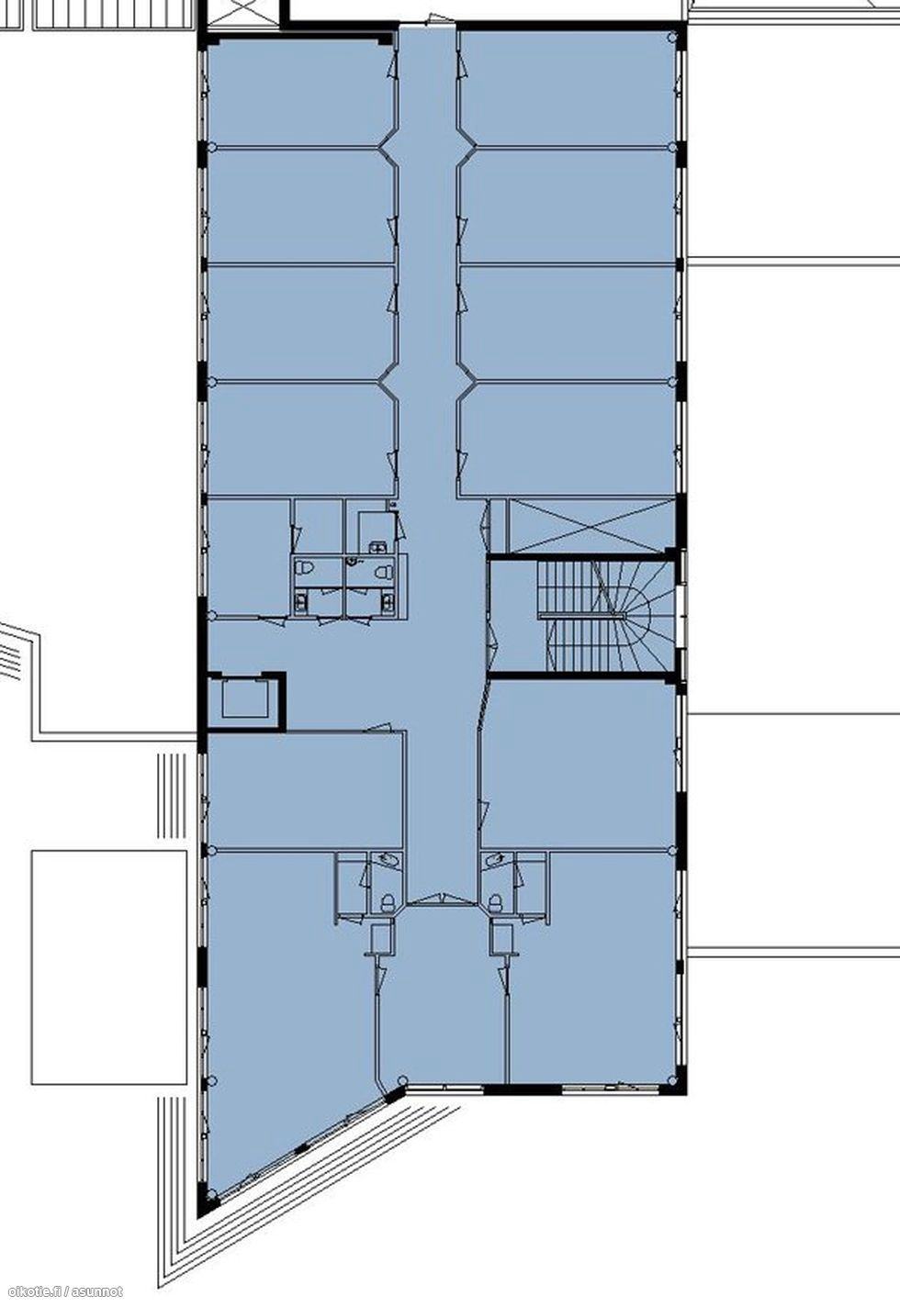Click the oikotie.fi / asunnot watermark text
[x=62, y=1291]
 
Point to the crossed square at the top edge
[x=244, y=12]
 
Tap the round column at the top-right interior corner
[x=671, y=37]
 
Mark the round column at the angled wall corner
[x=401, y=1080]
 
